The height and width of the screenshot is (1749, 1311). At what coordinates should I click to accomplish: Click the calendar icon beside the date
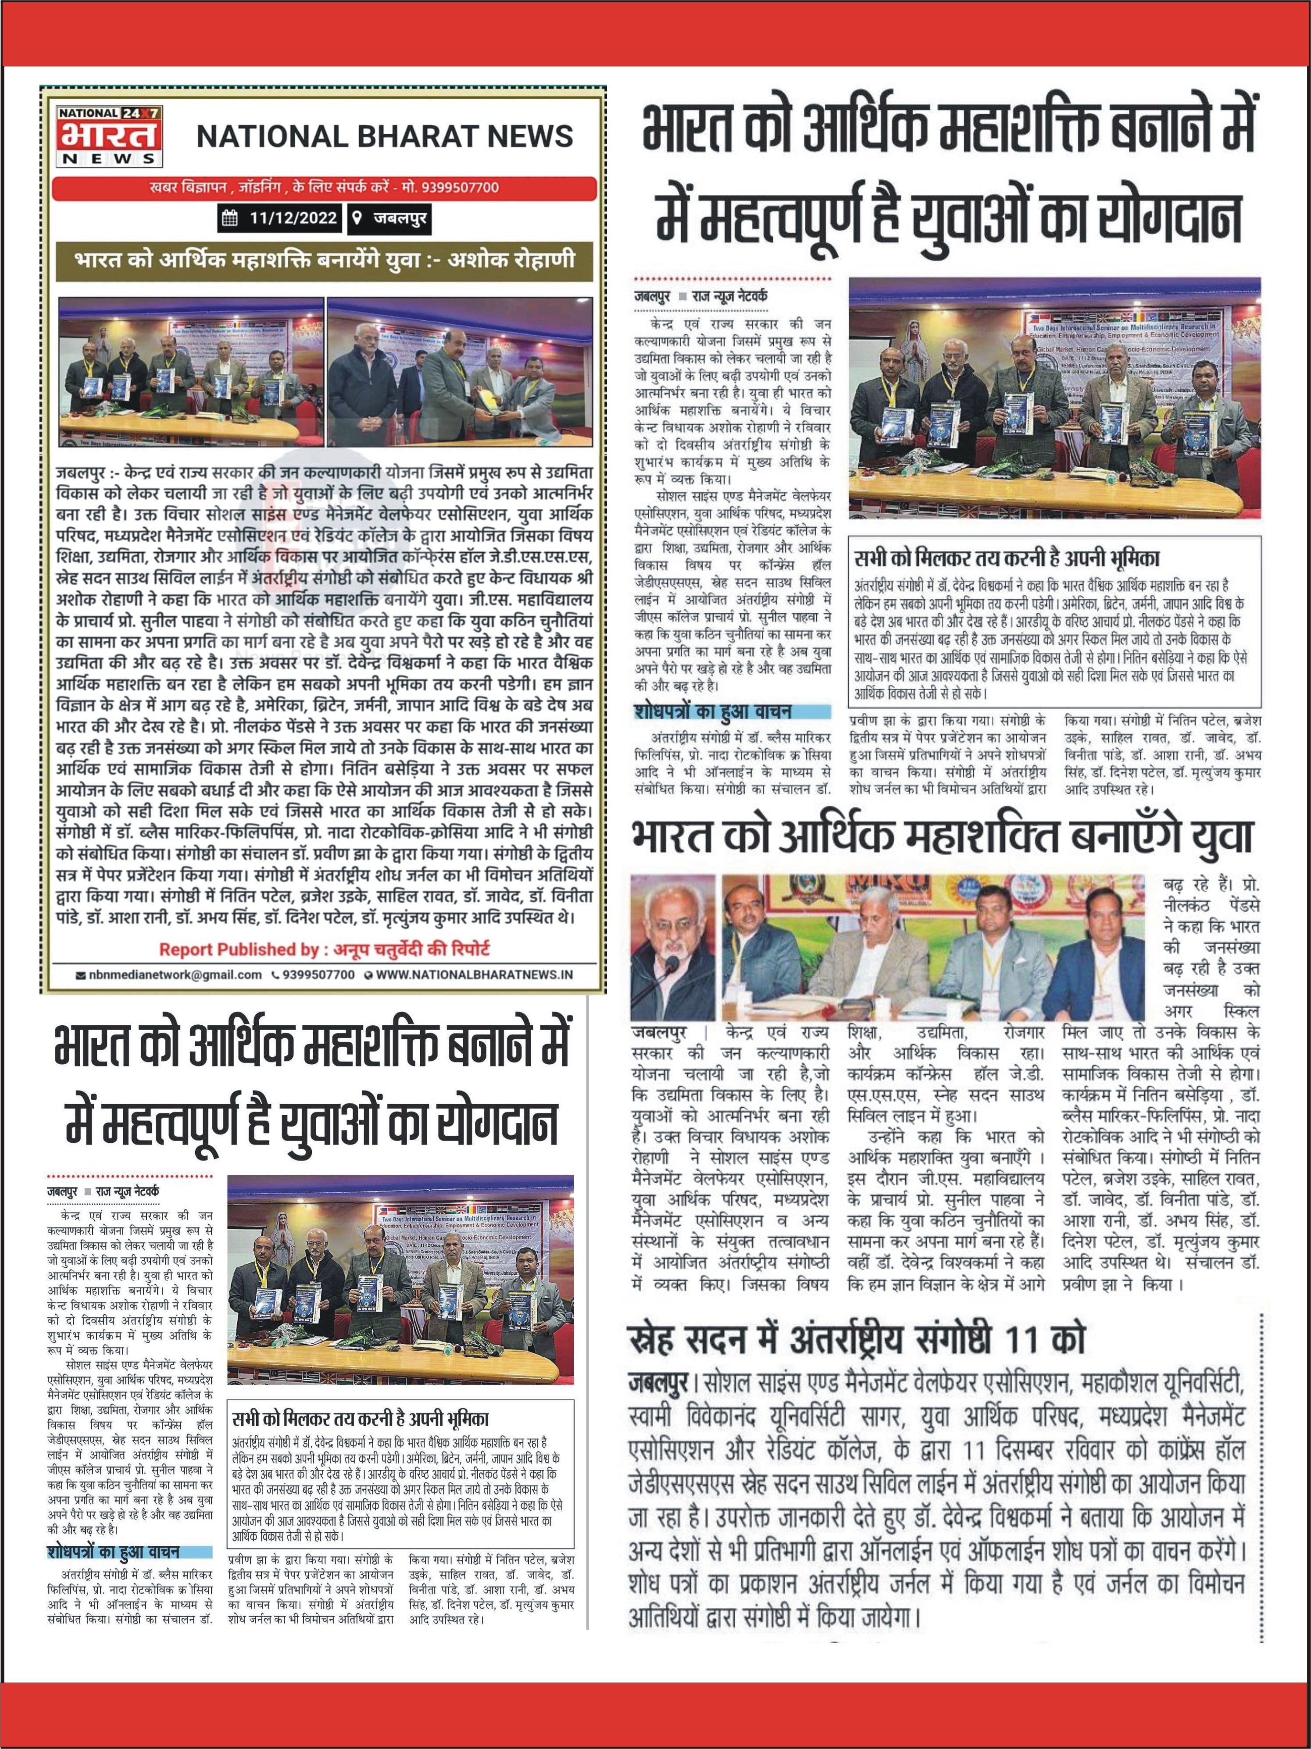231,218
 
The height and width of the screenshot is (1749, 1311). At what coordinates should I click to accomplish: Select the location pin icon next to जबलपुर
360,218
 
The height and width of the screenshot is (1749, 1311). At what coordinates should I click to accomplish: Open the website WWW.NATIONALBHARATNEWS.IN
475,975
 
